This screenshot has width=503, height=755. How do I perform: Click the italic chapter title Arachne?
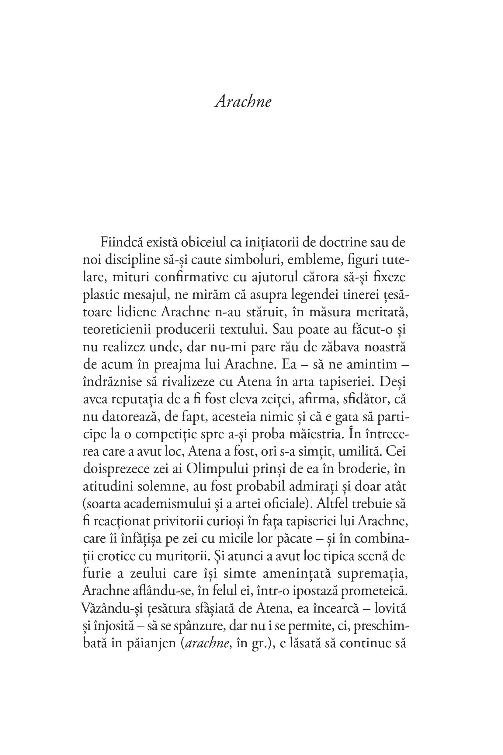pyautogui.click(x=243, y=102)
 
